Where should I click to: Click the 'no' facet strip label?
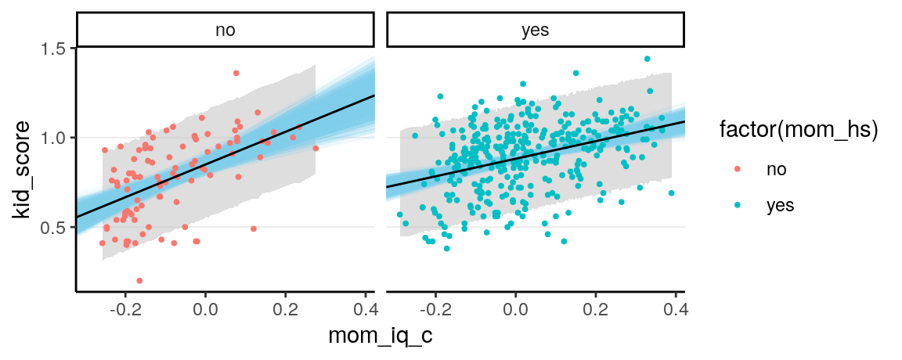[225, 31]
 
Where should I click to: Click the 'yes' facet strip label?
[536, 31]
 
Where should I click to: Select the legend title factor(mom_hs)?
[798, 132]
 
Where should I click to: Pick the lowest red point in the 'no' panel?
[139, 280]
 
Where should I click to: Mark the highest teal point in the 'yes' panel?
[648, 59]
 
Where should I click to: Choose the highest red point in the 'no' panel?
[236, 73]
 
